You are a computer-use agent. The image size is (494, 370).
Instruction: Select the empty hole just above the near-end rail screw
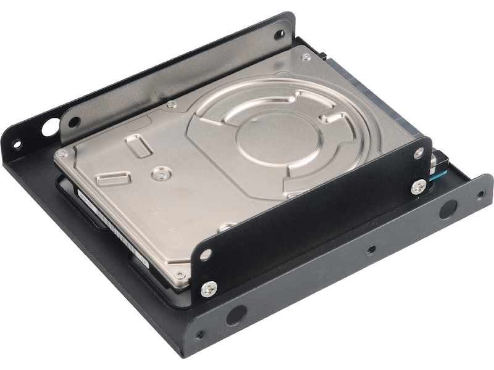coord(206,253)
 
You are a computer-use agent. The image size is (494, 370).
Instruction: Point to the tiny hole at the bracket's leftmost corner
coord(17,146)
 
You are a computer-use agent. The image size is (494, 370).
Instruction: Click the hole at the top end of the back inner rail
coord(279,34)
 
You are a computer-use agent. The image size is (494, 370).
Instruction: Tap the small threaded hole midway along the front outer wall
coord(371,250)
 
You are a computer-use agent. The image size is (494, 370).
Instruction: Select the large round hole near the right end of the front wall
coord(448,209)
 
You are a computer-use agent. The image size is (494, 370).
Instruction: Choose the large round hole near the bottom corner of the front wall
coord(236,315)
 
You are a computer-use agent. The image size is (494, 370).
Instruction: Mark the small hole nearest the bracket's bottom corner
coord(199,335)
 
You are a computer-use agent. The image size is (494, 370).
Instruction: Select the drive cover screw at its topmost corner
coord(306,57)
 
